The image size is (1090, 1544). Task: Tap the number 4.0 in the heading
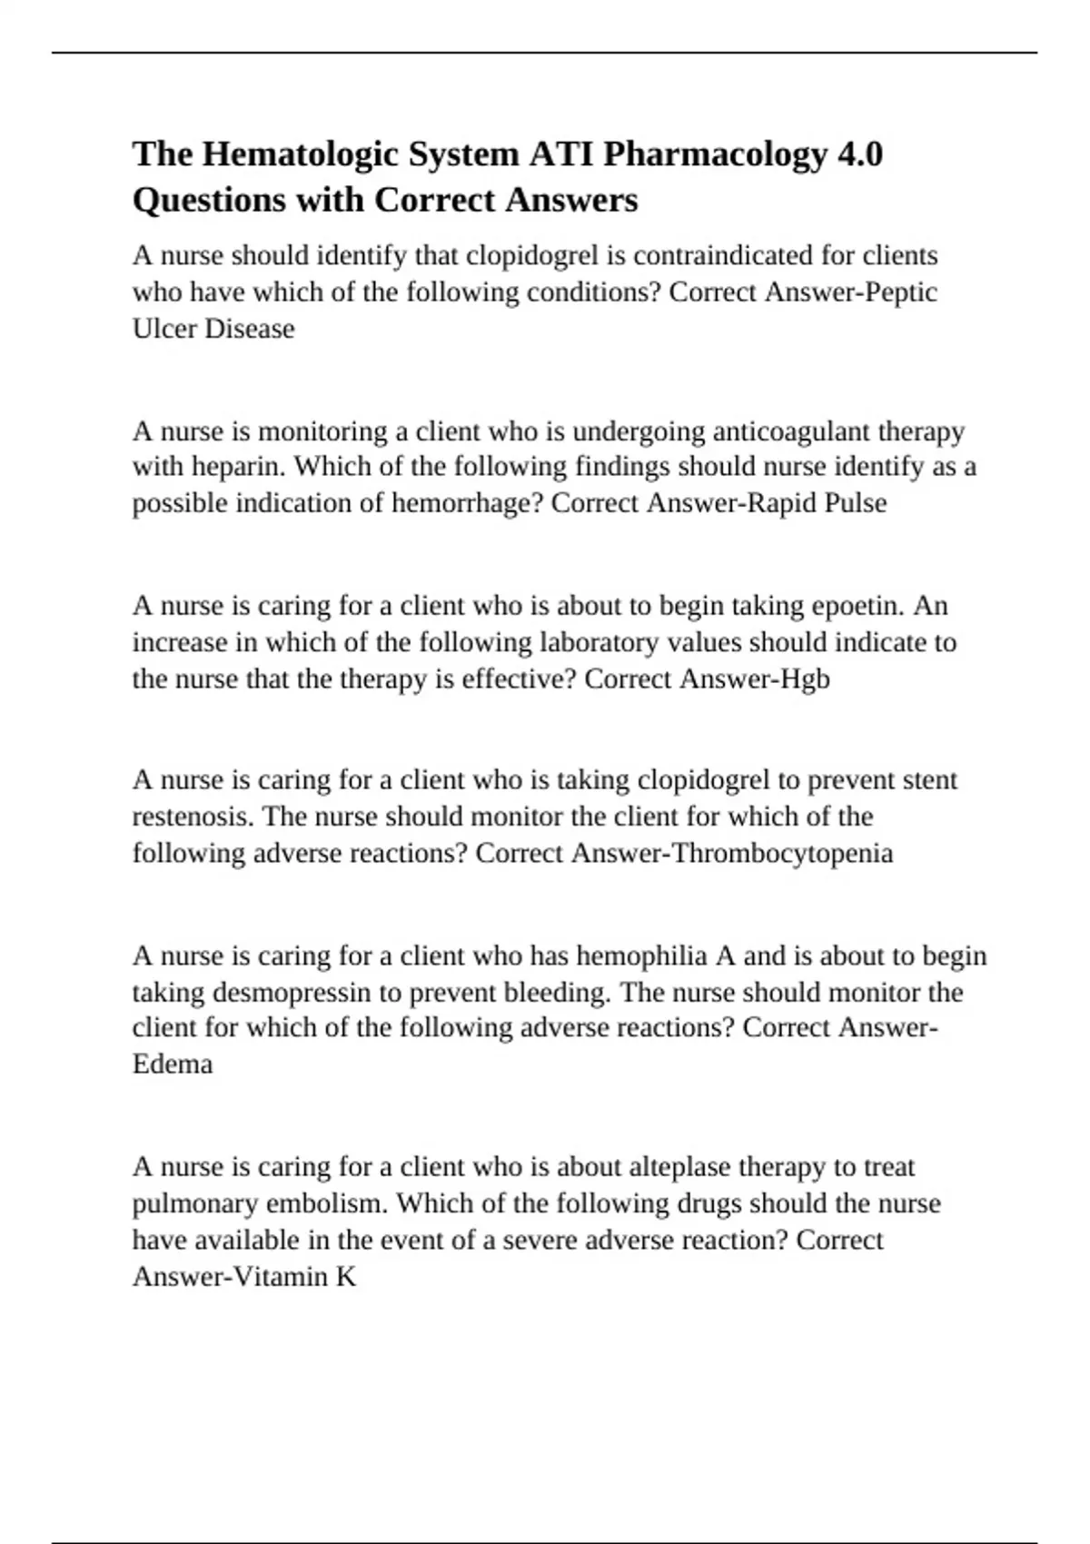pyautogui.click(x=857, y=155)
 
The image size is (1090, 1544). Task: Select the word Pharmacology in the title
pyautogui.click(x=714, y=155)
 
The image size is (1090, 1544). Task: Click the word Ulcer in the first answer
pyautogui.click(x=164, y=329)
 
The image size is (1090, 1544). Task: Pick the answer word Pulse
pyautogui.click(x=855, y=504)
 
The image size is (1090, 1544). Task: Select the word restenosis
pyautogui.click(x=193, y=817)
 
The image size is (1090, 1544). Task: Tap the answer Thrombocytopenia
pyautogui.click(x=781, y=854)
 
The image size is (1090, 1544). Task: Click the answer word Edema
pyautogui.click(x=173, y=1064)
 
